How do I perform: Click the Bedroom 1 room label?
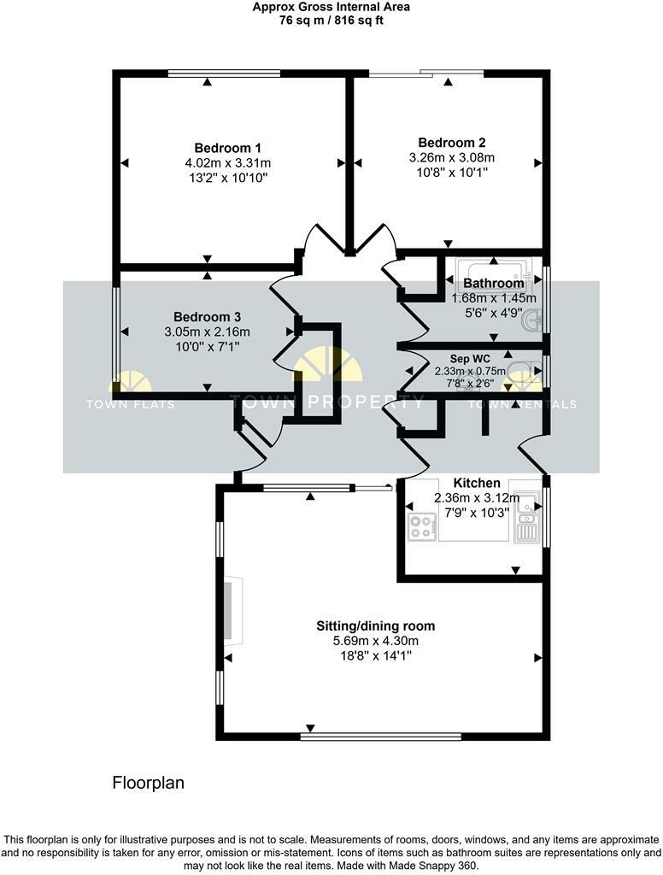[227, 147]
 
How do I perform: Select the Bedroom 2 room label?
[452, 142]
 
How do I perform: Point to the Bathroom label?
[493, 284]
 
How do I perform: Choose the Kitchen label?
[477, 483]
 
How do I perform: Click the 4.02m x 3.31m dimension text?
[227, 162]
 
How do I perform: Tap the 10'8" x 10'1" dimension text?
[451, 173]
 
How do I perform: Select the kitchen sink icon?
[526, 518]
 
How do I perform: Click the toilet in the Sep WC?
[519, 372]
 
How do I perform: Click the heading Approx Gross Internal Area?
[331, 7]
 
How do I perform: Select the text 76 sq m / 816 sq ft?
[331, 21]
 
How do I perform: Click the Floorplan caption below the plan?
[149, 782]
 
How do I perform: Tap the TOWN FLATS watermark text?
[130, 404]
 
